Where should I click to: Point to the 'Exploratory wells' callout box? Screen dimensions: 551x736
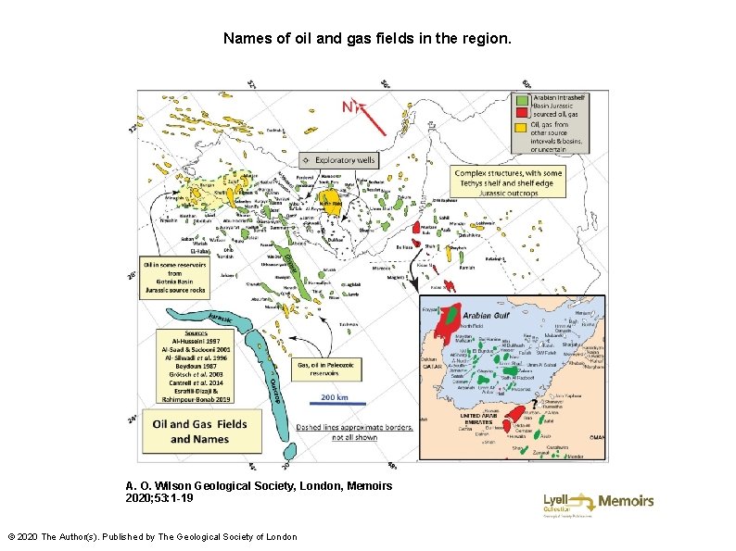click(x=340, y=160)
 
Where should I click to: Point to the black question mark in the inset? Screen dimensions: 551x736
click(x=532, y=403)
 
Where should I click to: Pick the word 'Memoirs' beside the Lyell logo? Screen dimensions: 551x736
click(x=626, y=501)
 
